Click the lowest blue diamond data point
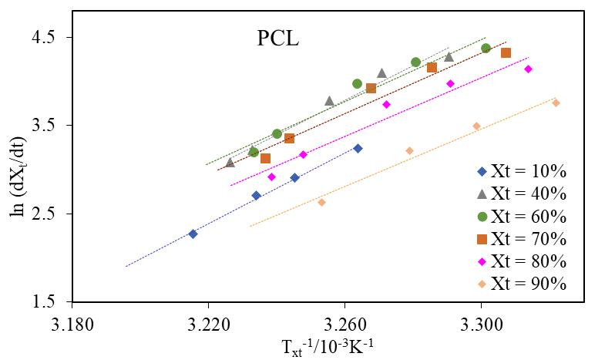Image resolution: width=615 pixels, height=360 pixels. click(x=193, y=234)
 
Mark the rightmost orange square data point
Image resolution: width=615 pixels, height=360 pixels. click(x=506, y=52)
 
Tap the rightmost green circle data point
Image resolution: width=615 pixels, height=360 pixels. click(x=486, y=49)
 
